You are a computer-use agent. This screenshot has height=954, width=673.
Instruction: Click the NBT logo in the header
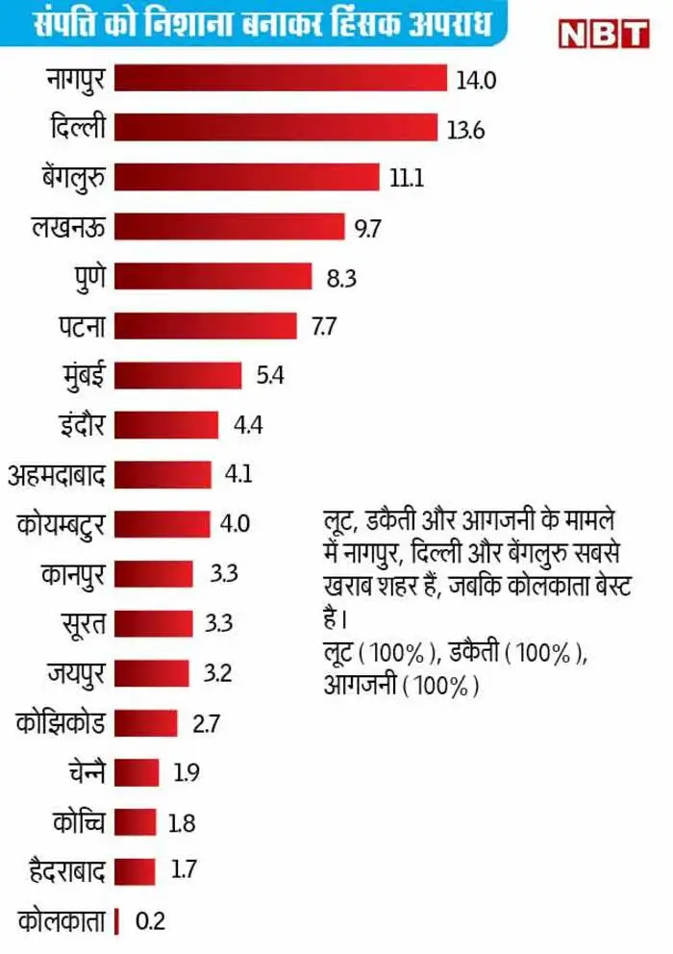point(603,30)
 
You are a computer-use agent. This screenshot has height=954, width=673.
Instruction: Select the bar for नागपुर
point(280,78)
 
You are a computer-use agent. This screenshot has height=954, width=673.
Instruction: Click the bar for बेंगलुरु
point(246,177)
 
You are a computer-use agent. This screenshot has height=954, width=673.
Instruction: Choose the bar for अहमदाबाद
point(162,474)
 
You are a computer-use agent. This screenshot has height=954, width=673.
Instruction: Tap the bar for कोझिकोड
point(145,721)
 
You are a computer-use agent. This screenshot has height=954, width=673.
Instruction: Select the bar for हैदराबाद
point(134,870)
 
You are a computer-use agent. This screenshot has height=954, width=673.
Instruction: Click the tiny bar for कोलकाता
point(116,920)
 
